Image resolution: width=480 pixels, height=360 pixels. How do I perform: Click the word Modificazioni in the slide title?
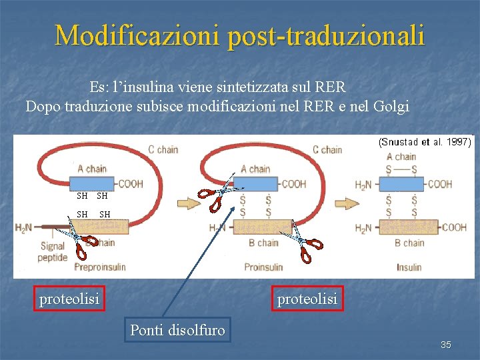137,35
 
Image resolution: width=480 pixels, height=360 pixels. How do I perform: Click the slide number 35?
446,345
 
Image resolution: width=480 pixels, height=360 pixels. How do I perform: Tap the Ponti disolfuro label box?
178,329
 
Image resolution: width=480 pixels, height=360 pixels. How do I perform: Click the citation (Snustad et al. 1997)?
425,142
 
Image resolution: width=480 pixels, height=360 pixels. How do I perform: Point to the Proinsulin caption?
263,267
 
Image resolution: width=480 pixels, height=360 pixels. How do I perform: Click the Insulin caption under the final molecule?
409,267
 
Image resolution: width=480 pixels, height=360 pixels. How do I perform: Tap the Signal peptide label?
53,252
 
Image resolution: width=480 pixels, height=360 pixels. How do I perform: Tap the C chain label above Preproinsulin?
163,150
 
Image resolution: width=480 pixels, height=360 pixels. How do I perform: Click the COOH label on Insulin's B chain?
453,227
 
